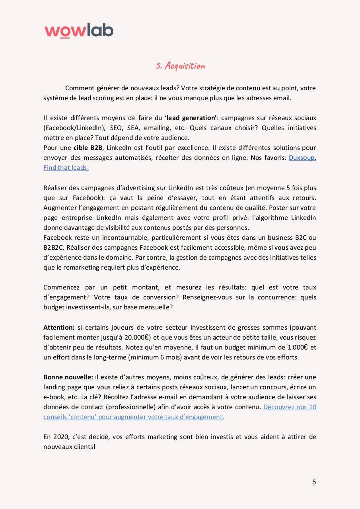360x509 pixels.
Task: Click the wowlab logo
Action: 79,30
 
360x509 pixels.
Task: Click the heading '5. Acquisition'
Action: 180,66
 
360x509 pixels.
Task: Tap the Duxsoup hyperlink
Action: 302,157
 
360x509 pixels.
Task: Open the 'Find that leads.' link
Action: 66,167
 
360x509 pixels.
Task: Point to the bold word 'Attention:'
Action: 59,327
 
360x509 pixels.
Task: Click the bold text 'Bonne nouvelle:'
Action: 68,377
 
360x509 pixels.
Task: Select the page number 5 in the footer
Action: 314,482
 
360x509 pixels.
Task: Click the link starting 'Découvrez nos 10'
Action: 290,407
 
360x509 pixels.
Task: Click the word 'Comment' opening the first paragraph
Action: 79,88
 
